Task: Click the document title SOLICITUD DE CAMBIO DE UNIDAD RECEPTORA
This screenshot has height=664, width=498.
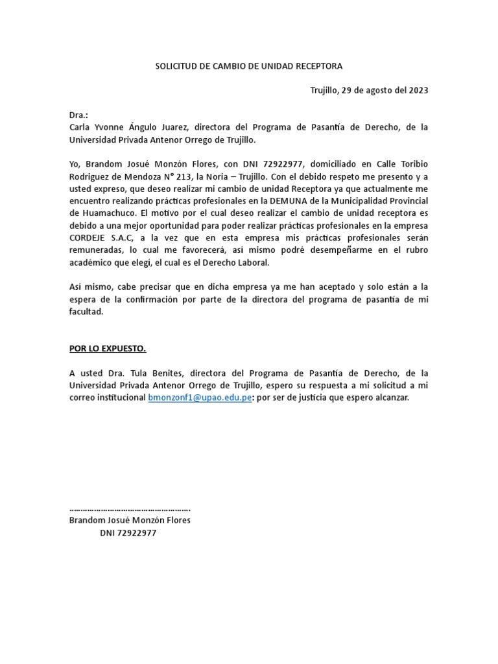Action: (x=249, y=66)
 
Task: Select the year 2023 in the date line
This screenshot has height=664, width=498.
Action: (x=418, y=90)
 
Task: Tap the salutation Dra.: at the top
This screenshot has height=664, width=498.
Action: (x=78, y=115)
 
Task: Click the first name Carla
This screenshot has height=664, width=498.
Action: (x=80, y=127)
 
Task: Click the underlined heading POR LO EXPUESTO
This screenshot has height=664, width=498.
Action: (x=108, y=349)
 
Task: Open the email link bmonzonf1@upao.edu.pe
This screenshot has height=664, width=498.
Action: (x=200, y=397)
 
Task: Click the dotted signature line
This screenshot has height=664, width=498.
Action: (x=130, y=508)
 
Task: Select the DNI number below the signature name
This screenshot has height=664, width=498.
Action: (x=138, y=532)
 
